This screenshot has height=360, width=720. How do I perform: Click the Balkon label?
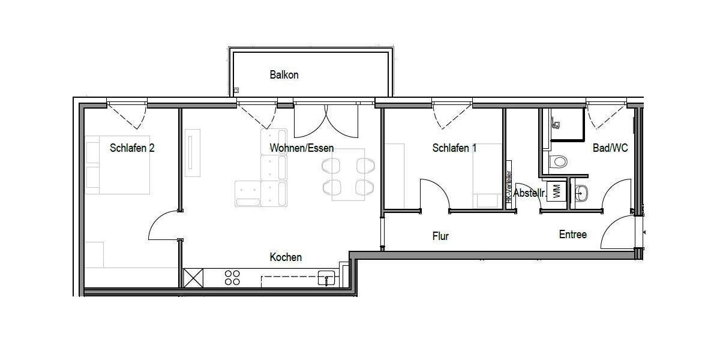click(284, 75)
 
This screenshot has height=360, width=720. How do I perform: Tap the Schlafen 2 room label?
click(132, 148)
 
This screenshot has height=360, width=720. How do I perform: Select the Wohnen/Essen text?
click(301, 148)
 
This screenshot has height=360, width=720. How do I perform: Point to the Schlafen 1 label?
click(454, 148)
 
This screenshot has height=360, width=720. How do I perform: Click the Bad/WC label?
click(610, 148)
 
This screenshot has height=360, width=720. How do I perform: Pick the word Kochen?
click(286, 257)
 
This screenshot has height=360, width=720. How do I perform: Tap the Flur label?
click(440, 236)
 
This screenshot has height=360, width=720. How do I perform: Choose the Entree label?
click(572, 235)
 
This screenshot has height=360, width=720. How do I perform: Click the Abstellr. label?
click(530, 194)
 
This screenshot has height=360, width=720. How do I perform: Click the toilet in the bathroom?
click(559, 161)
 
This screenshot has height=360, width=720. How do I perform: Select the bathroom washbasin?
click(581, 193)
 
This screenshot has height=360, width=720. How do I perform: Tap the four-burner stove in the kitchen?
click(232, 278)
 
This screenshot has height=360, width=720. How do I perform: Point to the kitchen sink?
click(326, 278)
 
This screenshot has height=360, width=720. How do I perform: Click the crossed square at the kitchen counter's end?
click(193, 278)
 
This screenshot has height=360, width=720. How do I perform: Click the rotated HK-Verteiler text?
click(509, 190)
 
